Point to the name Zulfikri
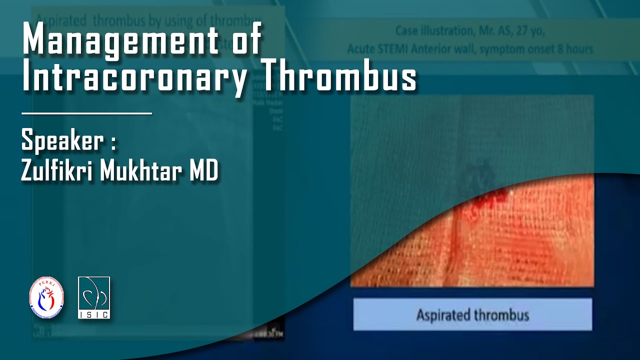pyautogui.click(x=57, y=172)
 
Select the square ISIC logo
pyautogui.click(x=94, y=297)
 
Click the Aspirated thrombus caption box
pyautogui.click(x=472, y=315)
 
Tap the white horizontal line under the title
pyautogui.click(x=86, y=113)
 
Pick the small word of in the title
pyautogui.click(x=246, y=40)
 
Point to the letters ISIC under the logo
pyautogui.click(x=94, y=314)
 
